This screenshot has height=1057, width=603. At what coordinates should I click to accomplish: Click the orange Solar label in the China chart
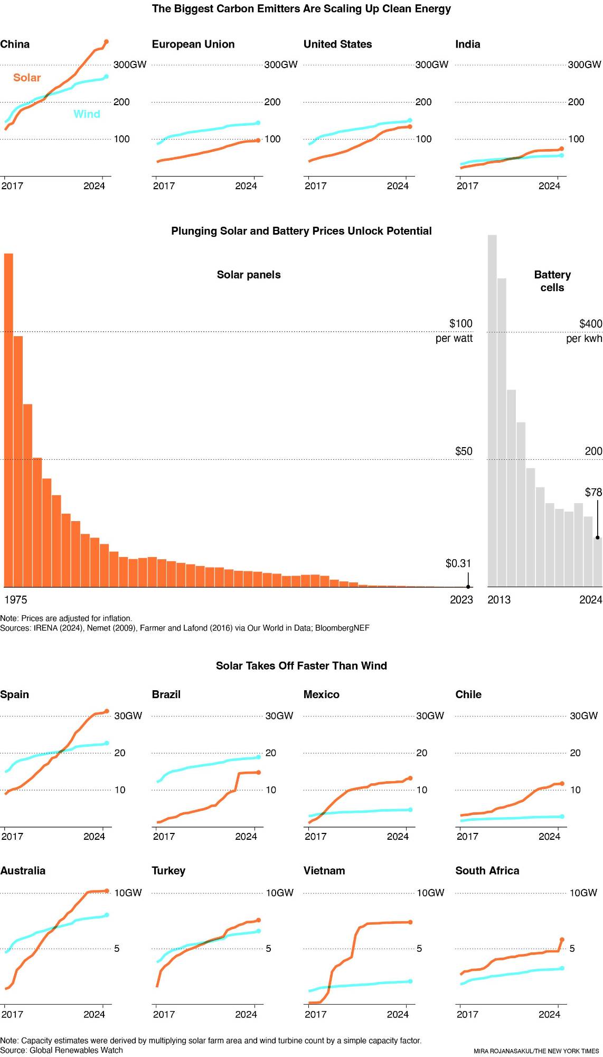[27, 78]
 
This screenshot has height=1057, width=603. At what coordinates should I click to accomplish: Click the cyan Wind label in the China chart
[87, 114]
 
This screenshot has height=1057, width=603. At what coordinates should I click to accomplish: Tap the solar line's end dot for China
[106, 41]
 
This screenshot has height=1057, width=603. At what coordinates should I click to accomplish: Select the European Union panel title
[193, 44]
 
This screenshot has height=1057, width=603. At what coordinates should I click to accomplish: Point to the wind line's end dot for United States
[410, 120]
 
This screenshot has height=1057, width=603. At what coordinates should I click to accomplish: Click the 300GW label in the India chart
[584, 64]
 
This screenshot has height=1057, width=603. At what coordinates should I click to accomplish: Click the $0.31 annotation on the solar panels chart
[458, 563]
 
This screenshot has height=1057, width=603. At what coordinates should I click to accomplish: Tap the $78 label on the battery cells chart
[593, 493]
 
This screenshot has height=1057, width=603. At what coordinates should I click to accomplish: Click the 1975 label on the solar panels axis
[15, 600]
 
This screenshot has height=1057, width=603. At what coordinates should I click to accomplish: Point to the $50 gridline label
[464, 451]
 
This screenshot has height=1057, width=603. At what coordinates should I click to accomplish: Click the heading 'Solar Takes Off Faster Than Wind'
[301, 666]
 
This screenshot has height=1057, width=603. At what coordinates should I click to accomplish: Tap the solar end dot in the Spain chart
[107, 711]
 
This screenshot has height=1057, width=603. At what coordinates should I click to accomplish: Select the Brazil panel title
[166, 694]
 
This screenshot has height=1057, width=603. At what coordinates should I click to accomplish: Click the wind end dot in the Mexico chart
[410, 810]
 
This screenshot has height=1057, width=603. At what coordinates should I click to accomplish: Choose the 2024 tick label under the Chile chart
[549, 836]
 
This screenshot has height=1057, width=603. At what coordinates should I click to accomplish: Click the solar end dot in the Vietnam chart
[410, 922]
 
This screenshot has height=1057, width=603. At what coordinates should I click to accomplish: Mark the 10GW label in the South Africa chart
[583, 893]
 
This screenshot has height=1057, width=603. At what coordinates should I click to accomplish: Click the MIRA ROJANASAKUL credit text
[536, 1051]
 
